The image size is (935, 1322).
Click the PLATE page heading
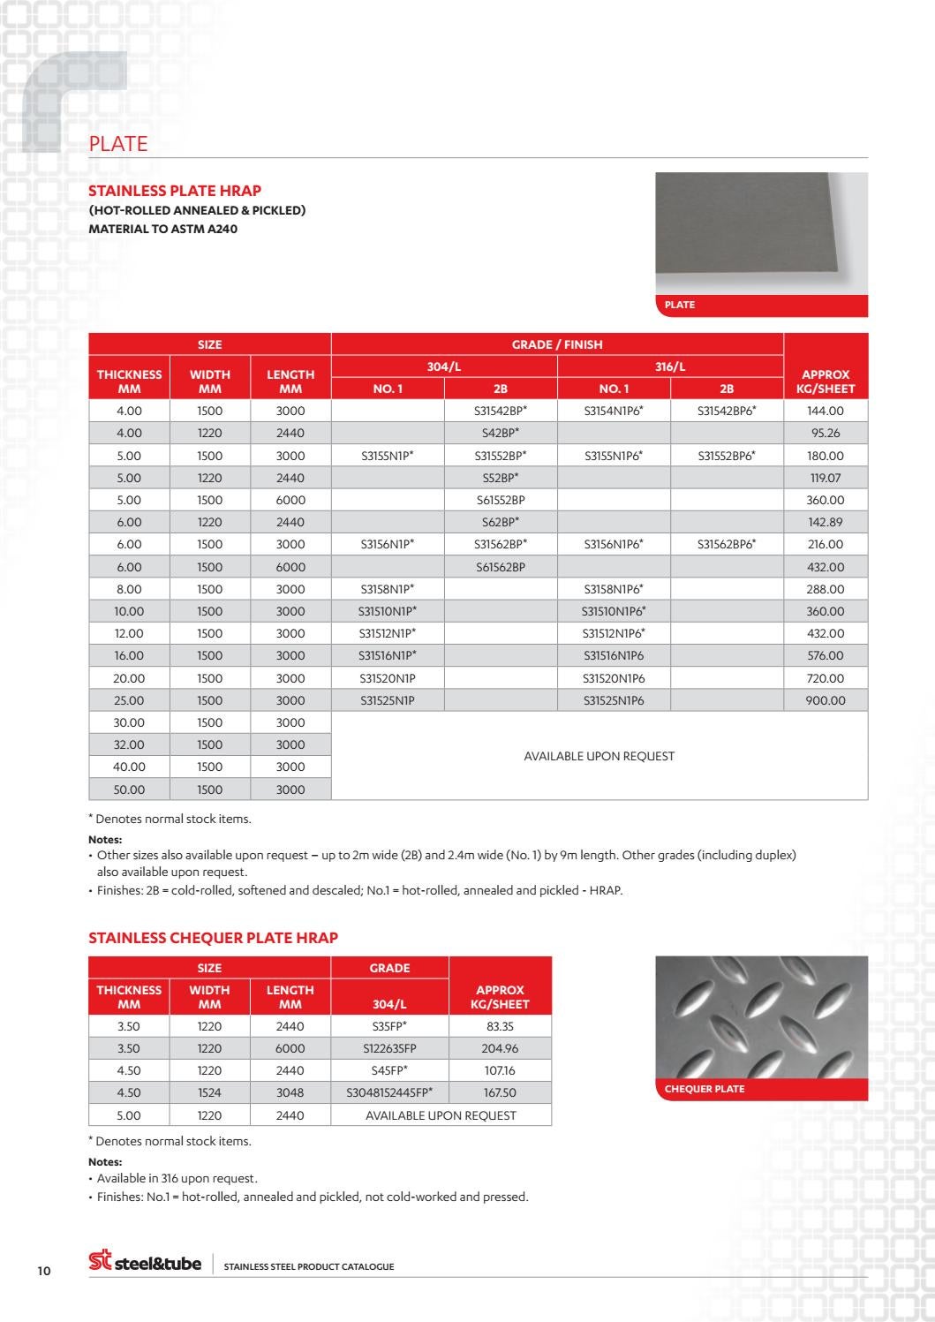[118, 144]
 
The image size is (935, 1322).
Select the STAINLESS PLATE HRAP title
[175, 191]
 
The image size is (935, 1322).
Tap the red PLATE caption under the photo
[680, 305]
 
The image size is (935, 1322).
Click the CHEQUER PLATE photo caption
[705, 1089]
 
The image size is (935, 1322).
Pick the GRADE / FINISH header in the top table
[557, 344]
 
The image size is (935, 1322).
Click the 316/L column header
[670, 366]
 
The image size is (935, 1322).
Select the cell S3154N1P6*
[614, 411]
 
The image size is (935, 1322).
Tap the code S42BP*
[501, 433]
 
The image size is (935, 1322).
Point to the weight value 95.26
[826, 433]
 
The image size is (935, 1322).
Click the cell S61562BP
[501, 567]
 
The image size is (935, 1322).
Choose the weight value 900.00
[826, 700]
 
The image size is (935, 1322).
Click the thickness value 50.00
[129, 789]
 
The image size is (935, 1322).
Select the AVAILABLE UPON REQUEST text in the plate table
[599, 756]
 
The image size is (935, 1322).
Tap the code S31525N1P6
[614, 700]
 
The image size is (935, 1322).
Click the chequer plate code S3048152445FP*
[389, 1092]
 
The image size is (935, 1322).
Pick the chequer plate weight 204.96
[500, 1048]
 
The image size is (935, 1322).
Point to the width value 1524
[209, 1092]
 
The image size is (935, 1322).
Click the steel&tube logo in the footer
[146, 1263]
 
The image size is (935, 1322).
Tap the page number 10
[44, 1271]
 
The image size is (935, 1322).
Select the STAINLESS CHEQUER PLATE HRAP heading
[213, 938]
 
